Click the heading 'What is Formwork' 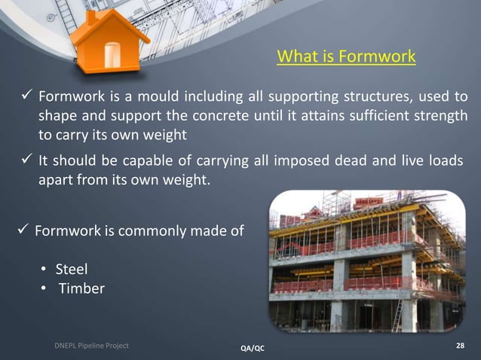coord(346,57)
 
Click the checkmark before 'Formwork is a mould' coord(24,97)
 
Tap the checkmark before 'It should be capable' coord(24,162)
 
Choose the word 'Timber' coord(81,288)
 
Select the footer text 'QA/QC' coord(252,348)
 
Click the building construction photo coord(367,261)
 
